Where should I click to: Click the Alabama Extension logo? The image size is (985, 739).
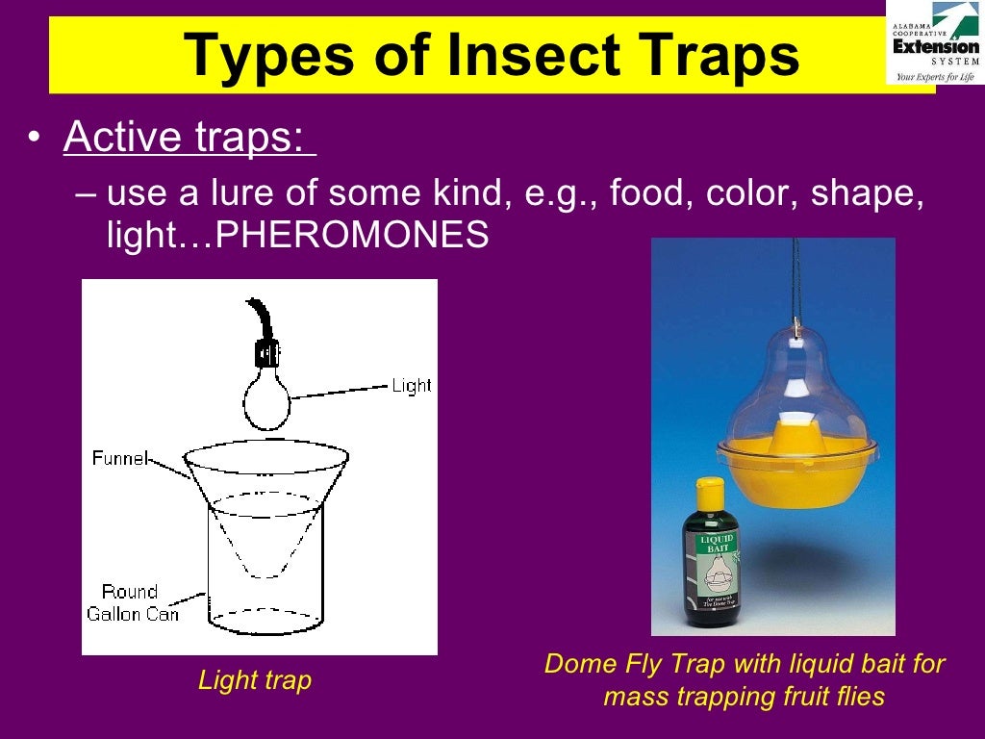click(x=934, y=43)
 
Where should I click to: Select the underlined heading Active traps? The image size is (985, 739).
click(x=189, y=138)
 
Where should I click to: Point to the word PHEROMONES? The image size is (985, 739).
click(x=353, y=235)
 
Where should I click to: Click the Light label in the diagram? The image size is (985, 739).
click(x=411, y=386)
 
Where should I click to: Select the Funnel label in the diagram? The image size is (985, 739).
click(x=119, y=458)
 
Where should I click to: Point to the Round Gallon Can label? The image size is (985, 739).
click(x=133, y=602)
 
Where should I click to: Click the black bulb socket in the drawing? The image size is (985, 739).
click(x=266, y=353)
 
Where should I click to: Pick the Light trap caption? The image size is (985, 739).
click(x=255, y=681)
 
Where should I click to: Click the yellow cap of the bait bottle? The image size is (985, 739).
click(x=710, y=494)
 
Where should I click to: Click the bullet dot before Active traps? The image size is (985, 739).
click(x=35, y=140)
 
